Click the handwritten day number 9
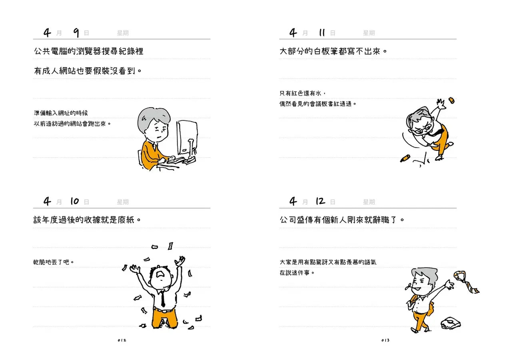click(76, 33)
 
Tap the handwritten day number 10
click(74, 201)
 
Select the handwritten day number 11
click(322, 33)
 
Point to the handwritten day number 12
click(321, 201)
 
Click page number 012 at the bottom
click(122, 340)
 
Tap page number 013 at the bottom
click(385, 340)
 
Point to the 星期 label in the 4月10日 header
click(122, 202)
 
